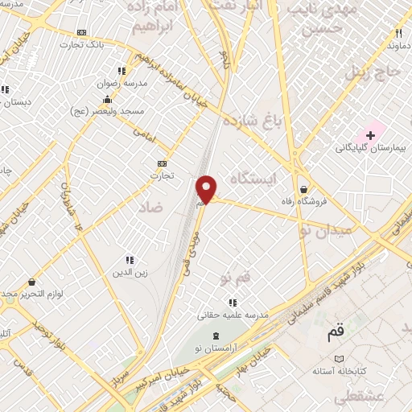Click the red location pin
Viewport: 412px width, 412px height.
click(207, 188)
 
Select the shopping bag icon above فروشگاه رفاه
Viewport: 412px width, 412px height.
click(303, 189)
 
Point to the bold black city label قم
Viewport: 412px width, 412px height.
click(335, 332)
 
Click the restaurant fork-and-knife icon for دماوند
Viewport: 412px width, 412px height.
click(398, 33)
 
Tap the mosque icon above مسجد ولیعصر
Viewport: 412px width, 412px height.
click(107, 99)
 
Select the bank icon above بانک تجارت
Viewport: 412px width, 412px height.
click(81, 32)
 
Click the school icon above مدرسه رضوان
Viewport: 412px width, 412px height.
click(121, 70)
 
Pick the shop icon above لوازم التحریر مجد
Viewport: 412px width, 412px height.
click(31, 282)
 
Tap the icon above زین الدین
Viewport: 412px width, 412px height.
click(130, 259)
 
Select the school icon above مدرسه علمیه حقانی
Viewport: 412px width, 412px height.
click(233, 303)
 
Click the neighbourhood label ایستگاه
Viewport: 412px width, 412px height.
click(253, 178)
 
